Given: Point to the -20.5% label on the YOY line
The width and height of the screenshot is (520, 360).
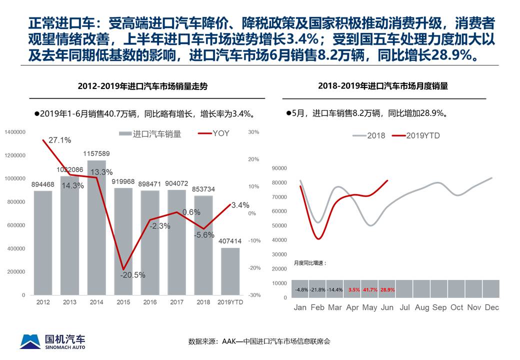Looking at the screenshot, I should [x=132, y=274].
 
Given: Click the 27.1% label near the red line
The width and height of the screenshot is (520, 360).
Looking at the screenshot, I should [x=59, y=140].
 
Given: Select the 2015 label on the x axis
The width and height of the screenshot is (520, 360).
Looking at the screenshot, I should [x=123, y=302].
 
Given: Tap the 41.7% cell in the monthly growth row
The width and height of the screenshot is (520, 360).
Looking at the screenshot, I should [x=369, y=289].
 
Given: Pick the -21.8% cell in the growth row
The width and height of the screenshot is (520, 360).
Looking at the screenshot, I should [x=317, y=289].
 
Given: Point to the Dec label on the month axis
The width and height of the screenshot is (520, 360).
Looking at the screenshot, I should [x=491, y=307].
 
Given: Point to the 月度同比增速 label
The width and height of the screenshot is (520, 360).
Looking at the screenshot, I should [x=310, y=263].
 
